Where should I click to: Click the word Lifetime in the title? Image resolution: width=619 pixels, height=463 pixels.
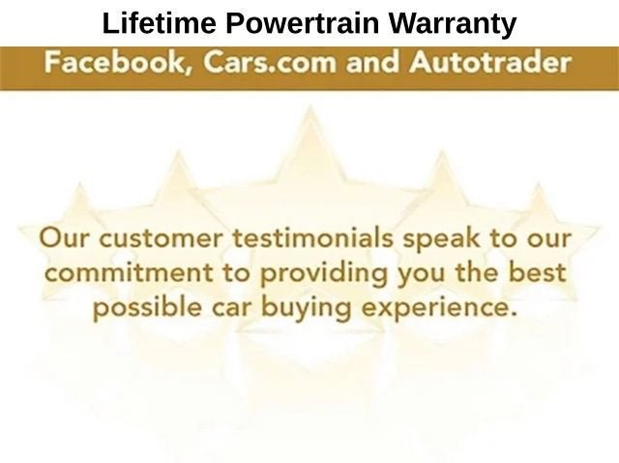point(159,23)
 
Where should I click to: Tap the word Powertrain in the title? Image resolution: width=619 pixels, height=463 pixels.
point(303,23)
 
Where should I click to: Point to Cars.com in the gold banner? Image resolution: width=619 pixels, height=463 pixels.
point(269,62)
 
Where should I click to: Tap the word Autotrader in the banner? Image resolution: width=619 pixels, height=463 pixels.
point(490,62)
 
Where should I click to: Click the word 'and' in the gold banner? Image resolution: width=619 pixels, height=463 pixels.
point(372,62)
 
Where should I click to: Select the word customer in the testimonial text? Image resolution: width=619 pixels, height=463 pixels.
point(161,239)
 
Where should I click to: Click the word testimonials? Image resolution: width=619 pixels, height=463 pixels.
point(312,238)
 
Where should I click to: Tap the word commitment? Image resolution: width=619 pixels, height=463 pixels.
point(129,273)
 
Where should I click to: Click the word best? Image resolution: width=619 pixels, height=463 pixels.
point(537,272)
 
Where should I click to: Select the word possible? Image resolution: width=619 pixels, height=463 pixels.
point(147,308)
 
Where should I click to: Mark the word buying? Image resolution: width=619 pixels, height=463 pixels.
point(307,309)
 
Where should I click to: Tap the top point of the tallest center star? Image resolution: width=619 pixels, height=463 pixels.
point(310,106)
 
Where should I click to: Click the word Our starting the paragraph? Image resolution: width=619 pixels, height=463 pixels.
point(64,238)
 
